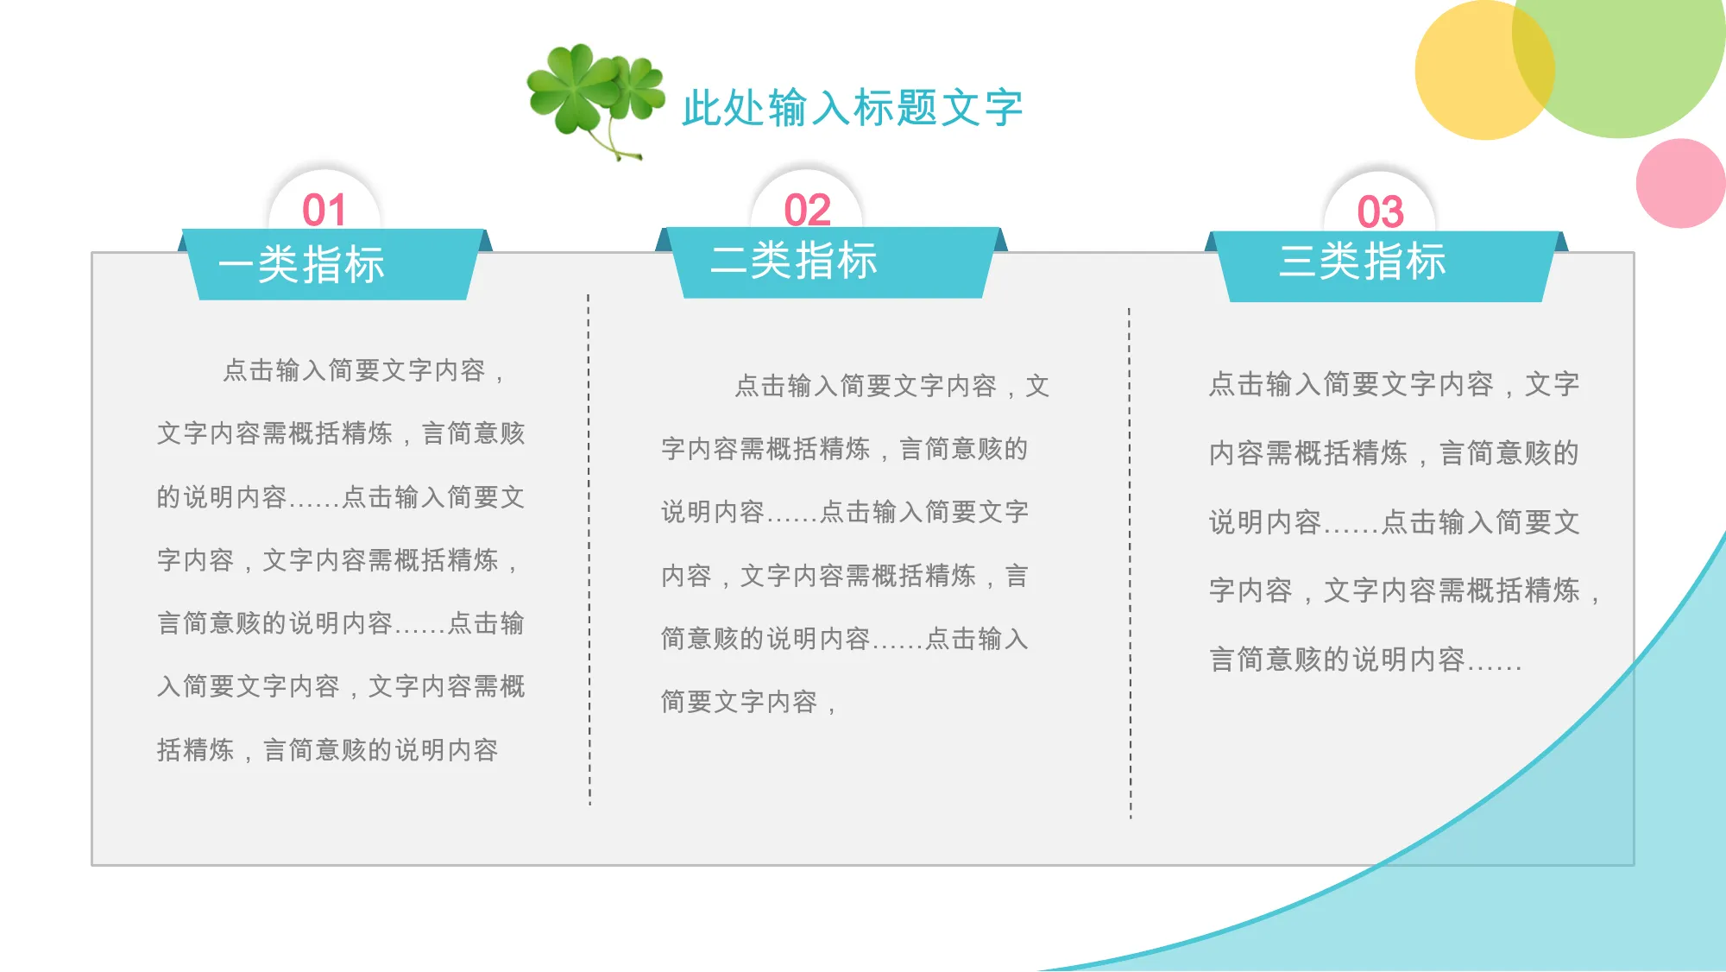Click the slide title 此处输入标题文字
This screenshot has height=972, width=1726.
point(852,108)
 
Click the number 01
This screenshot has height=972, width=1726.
point(324,210)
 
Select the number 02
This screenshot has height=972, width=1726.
point(807,210)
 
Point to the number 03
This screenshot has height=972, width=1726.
point(1380,212)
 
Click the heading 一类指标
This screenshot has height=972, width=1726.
point(301,264)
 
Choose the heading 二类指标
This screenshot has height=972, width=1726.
point(793,260)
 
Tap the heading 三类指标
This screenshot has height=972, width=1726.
point(1362,261)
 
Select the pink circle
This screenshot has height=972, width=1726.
point(1680,183)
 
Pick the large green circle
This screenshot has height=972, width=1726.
point(1619,52)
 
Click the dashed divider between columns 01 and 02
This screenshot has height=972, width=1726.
point(589,550)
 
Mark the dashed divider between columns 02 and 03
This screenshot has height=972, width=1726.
point(1130,563)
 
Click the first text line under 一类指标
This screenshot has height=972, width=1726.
point(364,370)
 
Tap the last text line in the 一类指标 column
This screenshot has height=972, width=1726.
point(327,749)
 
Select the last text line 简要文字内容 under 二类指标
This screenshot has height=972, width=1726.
point(748,702)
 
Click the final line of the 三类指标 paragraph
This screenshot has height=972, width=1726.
point(1364,660)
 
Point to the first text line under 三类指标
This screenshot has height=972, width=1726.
point(1394,384)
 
